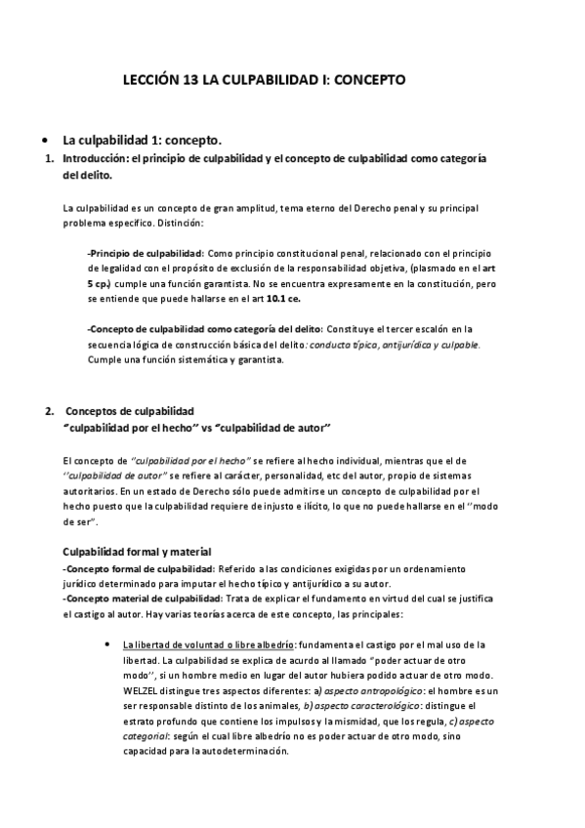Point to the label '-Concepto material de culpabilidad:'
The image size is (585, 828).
pos(142,599)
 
